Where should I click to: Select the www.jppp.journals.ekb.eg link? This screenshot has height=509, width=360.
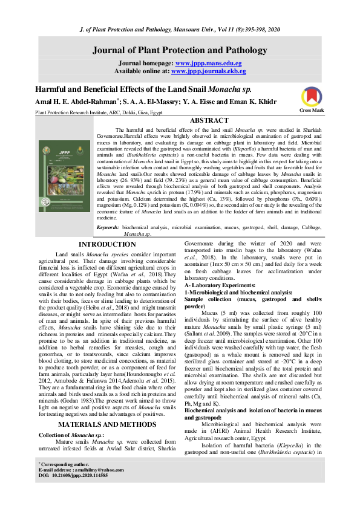(x=200, y=71)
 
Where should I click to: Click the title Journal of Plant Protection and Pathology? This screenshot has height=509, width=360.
(x=180, y=51)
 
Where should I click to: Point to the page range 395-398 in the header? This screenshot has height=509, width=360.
(x=242, y=29)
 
